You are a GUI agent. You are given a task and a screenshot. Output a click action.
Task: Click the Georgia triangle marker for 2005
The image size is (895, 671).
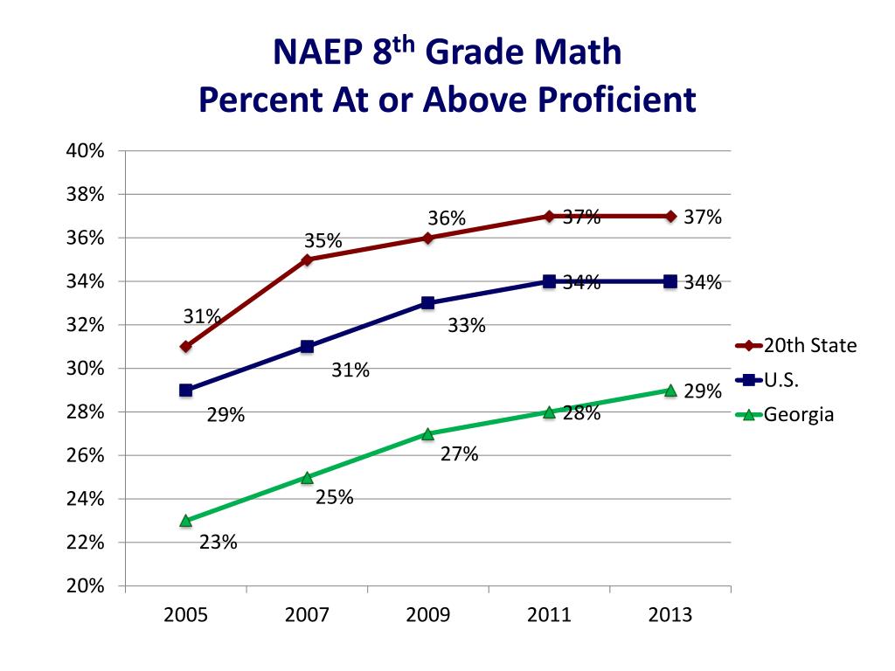tap(186, 521)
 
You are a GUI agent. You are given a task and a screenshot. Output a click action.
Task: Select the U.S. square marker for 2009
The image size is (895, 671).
tap(428, 303)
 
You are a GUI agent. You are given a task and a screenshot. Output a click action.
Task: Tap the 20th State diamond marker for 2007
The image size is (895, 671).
tap(307, 259)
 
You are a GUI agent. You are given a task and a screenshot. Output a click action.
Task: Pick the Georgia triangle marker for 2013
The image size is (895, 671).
tap(670, 391)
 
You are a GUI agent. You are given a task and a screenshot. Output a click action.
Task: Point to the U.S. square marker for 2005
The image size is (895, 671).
tap(186, 391)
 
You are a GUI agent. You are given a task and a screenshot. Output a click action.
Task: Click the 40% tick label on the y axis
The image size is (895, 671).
tap(85, 151)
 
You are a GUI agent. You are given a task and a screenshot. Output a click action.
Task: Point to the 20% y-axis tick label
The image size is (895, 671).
tap(85, 586)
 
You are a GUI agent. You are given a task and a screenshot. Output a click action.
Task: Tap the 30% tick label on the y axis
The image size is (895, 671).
tap(85, 369)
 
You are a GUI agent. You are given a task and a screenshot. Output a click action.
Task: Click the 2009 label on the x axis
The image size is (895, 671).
tap(428, 615)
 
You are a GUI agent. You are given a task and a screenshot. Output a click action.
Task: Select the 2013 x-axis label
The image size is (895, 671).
tap(670, 615)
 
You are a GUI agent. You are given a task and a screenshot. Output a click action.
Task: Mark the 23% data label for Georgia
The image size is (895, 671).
tap(218, 543)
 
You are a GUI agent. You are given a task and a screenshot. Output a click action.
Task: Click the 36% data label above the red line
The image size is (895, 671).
tap(447, 218)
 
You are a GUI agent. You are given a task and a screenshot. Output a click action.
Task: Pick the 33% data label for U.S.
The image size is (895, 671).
tap(466, 326)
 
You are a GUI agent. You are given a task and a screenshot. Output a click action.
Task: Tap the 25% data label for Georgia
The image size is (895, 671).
tap(334, 498)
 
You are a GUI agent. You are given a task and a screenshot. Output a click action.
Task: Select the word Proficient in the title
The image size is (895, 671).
tap(607, 99)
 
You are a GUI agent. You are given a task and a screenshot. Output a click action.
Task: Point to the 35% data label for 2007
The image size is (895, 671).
tap(323, 240)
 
